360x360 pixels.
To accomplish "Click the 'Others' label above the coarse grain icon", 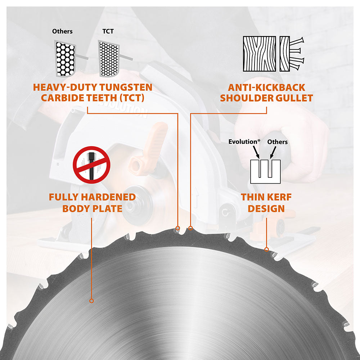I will click(x=62, y=31).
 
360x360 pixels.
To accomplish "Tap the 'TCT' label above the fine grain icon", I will click(x=108, y=31).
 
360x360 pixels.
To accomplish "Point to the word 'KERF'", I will click(x=280, y=197).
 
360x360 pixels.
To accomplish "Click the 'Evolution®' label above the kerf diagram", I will click(x=244, y=141).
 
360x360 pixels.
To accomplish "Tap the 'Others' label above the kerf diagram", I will click(x=277, y=141).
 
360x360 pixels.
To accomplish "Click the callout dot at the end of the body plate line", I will click(x=91, y=300).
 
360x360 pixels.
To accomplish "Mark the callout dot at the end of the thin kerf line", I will click(x=266, y=249).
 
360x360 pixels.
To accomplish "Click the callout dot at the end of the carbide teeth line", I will click(x=178, y=228).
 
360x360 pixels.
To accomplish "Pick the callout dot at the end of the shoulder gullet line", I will click(x=191, y=228).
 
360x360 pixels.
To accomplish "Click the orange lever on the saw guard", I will click(x=151, y=144).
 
